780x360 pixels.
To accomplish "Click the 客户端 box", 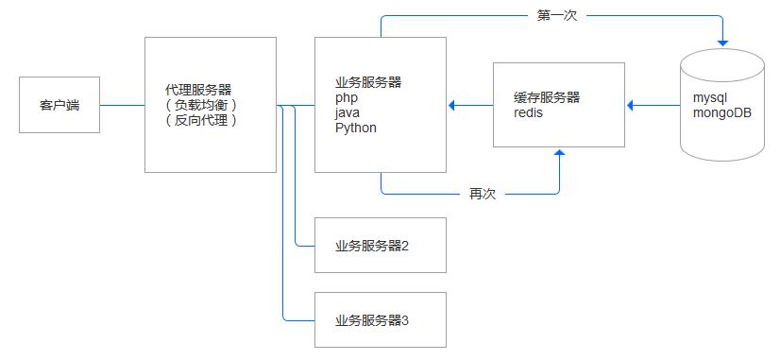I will pyautogui.click(x=59, y=105).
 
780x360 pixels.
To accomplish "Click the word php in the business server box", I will pyautogui.click(x=346, y=97).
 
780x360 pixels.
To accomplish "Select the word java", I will pyautogui.click(x=347, y=112).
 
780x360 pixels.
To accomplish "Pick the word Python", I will pyautogui.click(x=355, y=128).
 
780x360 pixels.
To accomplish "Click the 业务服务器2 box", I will pyautogui.click(x=381, y=246).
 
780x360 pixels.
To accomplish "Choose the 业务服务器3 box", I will pyautogui.click(x=381, y=320).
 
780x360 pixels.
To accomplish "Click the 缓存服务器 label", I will pyautogui.click(x=547, y=97).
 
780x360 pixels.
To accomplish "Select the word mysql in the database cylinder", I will pyautogui.click(x=710, y=97).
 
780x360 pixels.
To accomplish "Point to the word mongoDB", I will pyautogui.click(x=722, y=112).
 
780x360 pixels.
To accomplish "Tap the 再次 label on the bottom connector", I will pyautogui.click(x=483, y=194).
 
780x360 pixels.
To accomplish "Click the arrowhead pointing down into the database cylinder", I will pyautogui.click(x=723, y=43).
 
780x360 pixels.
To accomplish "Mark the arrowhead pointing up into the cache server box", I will pyautogui.click(x=560, y=153).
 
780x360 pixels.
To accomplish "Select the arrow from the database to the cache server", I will pyautogui.click(x=653, y=105).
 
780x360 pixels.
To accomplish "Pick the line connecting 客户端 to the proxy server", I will pyautogui.click(x=122, y=105).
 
